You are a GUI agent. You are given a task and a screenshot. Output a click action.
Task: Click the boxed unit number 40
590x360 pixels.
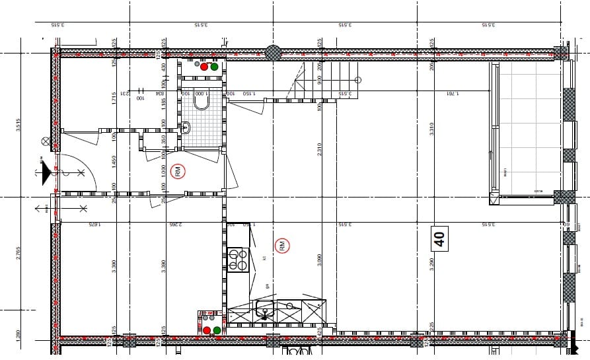click(439, 238)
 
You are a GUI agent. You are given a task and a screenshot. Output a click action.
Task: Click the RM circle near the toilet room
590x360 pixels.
click(178, 172)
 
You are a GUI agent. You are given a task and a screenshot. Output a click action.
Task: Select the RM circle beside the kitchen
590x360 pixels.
click(282, 246)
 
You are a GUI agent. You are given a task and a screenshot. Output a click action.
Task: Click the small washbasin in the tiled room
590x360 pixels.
click(186, 127)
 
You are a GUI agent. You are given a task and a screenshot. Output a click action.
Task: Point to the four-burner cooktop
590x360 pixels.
click(237, 259)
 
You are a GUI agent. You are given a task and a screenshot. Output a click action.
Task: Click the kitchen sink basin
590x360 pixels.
click(265, 308)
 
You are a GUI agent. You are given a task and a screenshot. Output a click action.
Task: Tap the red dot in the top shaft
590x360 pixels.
click(204, 67)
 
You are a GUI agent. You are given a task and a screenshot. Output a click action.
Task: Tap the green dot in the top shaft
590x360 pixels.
click(214, 67)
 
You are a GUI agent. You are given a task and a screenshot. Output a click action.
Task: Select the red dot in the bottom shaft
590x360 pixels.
click(207, 330)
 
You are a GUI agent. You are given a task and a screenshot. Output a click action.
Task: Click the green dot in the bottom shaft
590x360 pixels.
click(217, 330)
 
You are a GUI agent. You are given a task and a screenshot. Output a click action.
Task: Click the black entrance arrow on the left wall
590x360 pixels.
click(46, 174)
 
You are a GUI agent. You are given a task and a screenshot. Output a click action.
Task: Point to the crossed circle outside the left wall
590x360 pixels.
click(46, 141)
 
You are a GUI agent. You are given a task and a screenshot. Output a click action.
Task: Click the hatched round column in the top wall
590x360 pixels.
click(273, 52)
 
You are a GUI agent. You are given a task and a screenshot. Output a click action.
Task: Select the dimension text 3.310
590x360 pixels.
click(431, 129)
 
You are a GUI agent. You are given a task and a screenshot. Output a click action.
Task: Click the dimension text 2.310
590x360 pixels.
click(319, 149)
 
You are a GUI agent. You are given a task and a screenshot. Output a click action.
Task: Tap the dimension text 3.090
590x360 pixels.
click(319, 260)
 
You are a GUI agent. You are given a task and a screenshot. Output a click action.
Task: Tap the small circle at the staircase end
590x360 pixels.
click(358, 80)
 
